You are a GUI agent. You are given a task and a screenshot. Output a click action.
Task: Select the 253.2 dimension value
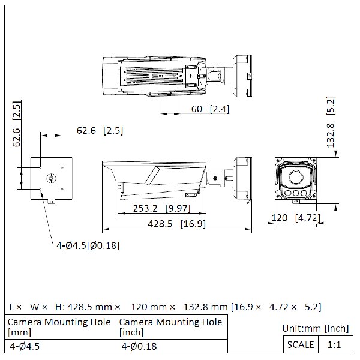[128, 208]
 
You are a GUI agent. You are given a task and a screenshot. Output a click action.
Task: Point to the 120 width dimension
[279, 218]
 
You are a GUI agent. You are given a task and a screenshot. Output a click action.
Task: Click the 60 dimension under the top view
[196, 109]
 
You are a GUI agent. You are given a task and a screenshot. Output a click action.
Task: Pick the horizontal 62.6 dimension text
[86, 130]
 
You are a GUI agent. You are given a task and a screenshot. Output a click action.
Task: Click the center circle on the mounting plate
[51, 178]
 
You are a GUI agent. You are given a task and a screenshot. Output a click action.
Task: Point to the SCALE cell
[301, 344]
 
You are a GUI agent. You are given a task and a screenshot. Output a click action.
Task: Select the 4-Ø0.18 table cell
[139, 346]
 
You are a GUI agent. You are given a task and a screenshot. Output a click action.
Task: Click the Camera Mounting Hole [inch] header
[170, 326]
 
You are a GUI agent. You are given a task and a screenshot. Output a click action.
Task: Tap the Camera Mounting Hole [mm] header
[59, 326]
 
